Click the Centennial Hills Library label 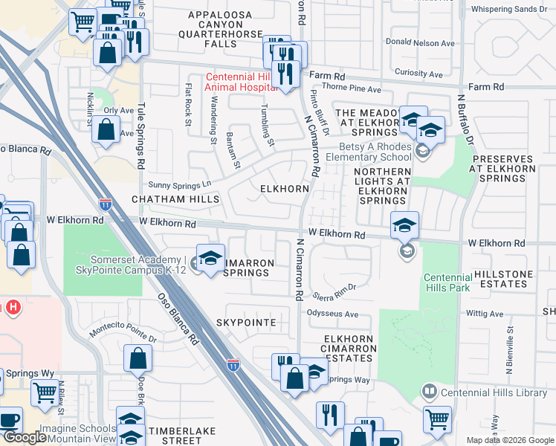[494, 392]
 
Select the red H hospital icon [13, 307]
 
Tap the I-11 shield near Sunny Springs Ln [105, 203]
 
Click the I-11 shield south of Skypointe [233, 363]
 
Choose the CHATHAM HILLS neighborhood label [175, 200]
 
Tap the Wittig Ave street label [486, 314]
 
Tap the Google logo [24, 438]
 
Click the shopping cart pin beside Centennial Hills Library [437, 418]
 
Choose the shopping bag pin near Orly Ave [106, 129]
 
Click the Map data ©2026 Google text [509, 440]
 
